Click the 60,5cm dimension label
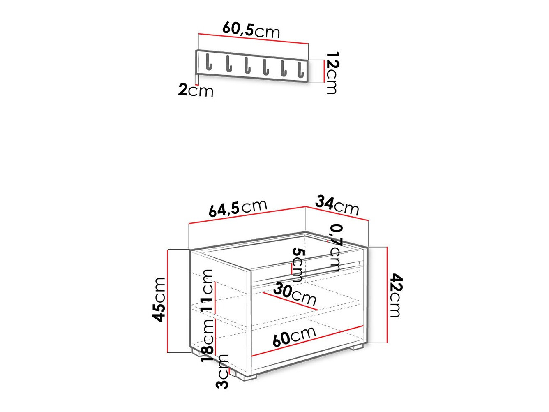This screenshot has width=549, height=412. pyautogui.click(x=251, y=30)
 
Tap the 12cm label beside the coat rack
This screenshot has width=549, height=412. pyautogui.click(x=331, y=73)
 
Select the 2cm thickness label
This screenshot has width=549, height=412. pyautogui.click(x=196, y=90)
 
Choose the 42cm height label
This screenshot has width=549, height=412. pyautogui.click(x=395, y=295)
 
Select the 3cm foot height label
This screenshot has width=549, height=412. pyautogui.click(x=222, y=371)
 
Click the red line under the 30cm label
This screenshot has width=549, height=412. pyautogui.click(x=290, y=301)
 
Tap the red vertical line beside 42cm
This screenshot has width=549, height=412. pyautogui.click(x=387, y=294)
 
